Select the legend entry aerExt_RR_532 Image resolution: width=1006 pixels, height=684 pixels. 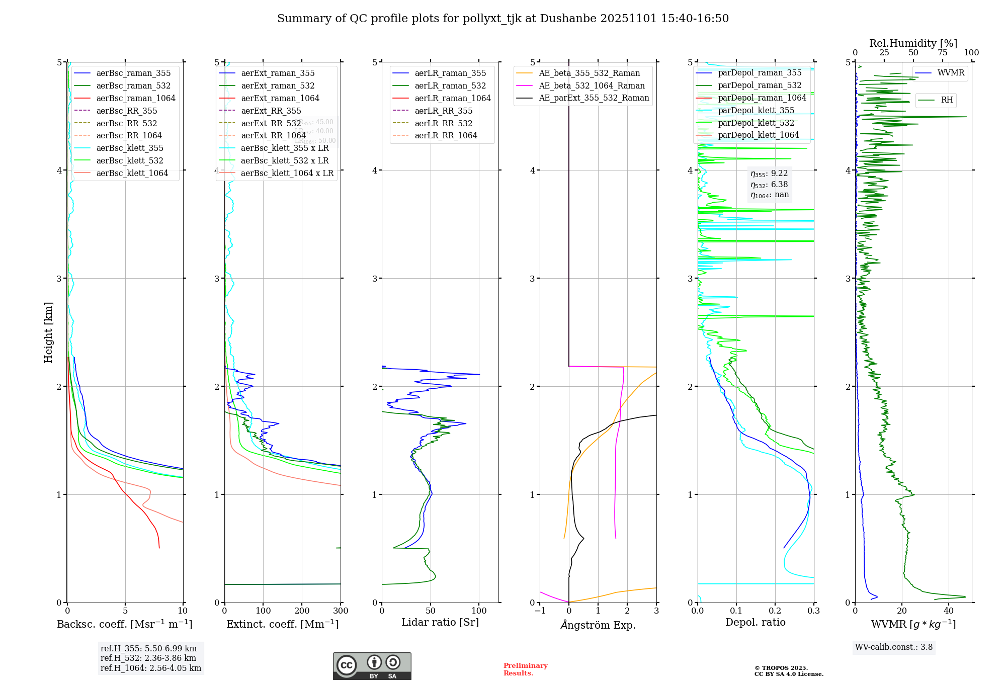click(271, 123)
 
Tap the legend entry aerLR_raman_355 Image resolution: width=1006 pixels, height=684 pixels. click(450, 73)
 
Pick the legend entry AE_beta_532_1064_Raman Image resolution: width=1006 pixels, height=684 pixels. click(592, 85)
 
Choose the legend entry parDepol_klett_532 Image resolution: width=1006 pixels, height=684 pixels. click(756, 123)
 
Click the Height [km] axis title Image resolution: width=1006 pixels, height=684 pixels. click(48, 332)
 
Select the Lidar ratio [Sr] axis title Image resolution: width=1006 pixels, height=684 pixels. click(440, 622)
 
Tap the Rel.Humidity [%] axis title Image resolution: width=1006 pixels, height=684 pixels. click(913, 43)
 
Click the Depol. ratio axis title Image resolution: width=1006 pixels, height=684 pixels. click(755, 622)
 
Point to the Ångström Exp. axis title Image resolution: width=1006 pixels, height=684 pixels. click(598, 625)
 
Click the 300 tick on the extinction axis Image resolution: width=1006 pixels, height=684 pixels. click(341, 611)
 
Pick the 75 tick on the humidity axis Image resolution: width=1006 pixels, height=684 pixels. click(943, 52)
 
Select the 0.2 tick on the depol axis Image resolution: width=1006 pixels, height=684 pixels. click(775, 611)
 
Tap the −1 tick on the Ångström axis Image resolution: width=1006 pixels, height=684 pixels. click(540, 611)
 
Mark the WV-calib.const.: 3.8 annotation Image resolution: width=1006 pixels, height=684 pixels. click(894, 647)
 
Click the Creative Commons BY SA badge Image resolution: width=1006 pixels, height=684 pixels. click(372, 666)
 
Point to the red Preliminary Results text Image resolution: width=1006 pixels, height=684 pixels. click(525, 669)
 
